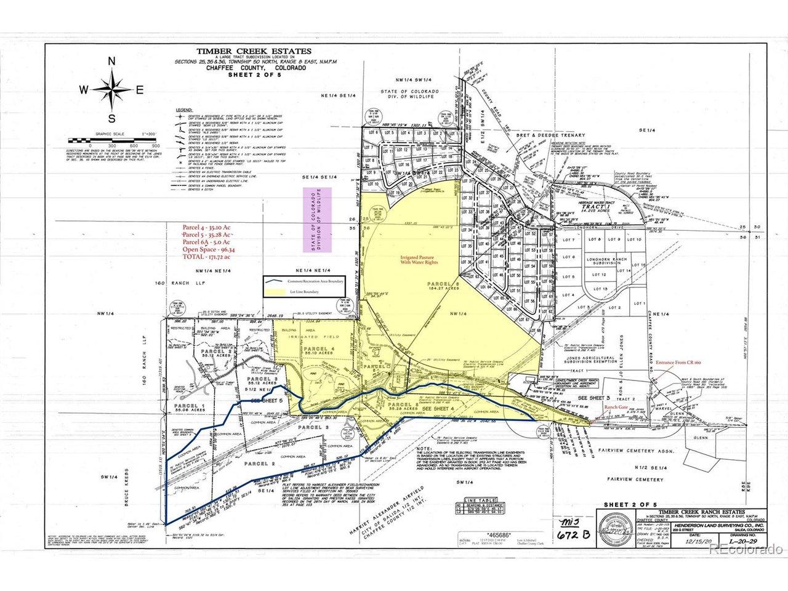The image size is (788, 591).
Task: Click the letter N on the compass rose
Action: (x=112, y=61)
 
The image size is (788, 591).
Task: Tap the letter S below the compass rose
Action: (x=111, y=118)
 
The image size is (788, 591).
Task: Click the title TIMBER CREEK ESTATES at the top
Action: (x=254, y=52)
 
